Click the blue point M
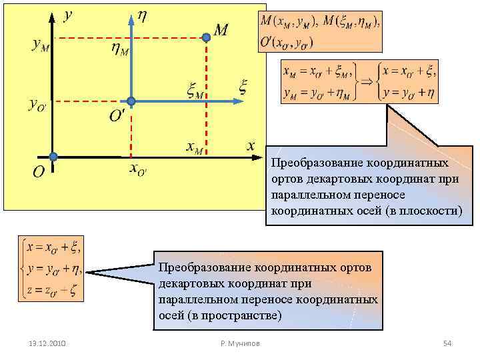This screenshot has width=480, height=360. [207, 39]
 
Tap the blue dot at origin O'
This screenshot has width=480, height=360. [131, 101]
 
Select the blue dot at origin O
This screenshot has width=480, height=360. [53, 157]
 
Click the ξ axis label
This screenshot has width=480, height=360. [243, 87]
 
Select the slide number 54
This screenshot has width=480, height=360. [447, 343]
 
